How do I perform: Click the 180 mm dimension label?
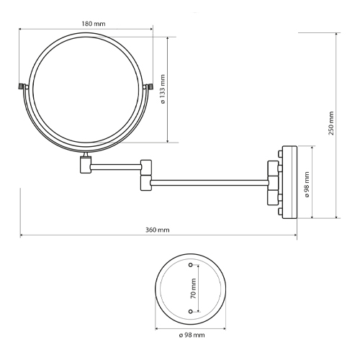coord(94,24)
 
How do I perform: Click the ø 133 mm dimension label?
coord(163,89)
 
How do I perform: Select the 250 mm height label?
coord(331,123)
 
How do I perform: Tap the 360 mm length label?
coord(158,230)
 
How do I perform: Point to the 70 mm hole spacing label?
coord(194,288)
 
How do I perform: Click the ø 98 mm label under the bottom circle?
coord(192,335)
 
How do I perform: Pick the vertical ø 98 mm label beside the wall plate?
coord(307,184)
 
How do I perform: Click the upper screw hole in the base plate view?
coord(191,265)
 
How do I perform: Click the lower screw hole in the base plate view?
coord(191,312)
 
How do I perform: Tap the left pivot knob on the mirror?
coord(22,86)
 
